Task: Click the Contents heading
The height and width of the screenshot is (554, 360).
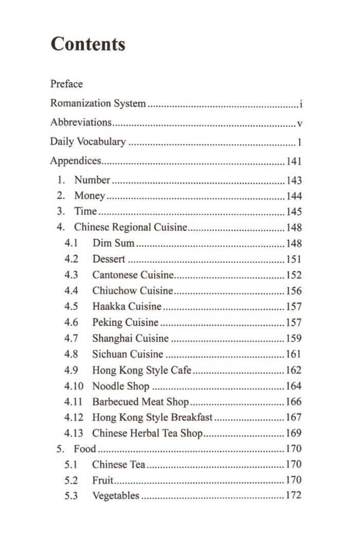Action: (x=88, y=44)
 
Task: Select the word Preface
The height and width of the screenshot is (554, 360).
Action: (x=66, y=83)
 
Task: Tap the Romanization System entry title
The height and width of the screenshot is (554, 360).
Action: (x=98, y=103)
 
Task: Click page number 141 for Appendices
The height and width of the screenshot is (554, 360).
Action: (x=294, y=162)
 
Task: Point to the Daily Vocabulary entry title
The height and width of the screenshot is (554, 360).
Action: (x=87, y=142)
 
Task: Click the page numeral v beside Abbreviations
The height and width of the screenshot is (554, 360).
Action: (x=299, y=124)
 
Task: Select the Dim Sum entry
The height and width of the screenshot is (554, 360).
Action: (x=113, y=243)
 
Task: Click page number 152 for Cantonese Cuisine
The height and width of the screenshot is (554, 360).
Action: (x=294, y=275)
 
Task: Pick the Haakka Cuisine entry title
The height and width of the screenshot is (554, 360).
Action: (x=127, y=307)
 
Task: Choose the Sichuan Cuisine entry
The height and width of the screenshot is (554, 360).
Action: (x=128, y=354)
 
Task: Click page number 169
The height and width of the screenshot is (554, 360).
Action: (x=294, y=433)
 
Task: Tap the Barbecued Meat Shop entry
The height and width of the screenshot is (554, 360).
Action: (x=140, y=402)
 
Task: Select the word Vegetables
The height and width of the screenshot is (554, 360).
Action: (x=116, y=496)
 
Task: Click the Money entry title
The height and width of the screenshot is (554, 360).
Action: (x=89, y=196)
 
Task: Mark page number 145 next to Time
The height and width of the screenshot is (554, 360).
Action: (x=294, y=212)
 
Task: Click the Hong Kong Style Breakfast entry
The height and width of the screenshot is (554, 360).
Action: (x=152, y=417)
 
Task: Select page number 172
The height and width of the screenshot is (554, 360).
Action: (x=294, y=496)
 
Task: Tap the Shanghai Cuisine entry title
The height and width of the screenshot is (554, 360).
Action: (x=130, y=338)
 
